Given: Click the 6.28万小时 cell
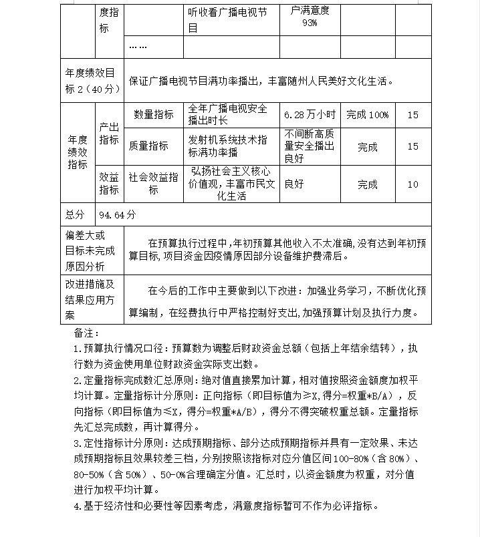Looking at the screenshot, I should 311,115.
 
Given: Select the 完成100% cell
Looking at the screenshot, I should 367,115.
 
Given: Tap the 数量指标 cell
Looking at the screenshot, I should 153,115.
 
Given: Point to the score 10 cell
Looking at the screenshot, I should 412,184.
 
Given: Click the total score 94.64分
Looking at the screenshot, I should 117,214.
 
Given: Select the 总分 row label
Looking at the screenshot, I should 76,214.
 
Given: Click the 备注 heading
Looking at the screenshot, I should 86,333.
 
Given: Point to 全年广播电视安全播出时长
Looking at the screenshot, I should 228,115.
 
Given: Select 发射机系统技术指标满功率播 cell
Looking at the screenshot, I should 228,146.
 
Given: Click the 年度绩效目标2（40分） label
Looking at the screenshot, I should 92,80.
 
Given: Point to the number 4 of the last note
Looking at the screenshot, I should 76,506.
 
